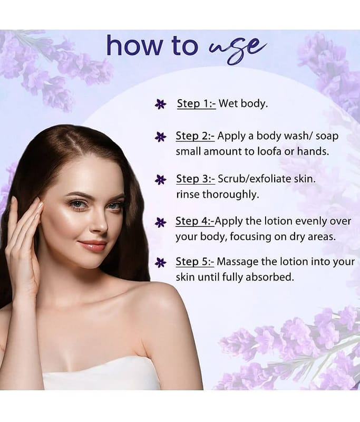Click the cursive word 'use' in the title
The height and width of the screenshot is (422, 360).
coord(237,49)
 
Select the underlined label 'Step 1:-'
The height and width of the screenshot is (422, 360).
coord(196,103)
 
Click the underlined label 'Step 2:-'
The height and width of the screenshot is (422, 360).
coord(195,136)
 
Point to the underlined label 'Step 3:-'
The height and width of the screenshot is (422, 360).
coord(196,179)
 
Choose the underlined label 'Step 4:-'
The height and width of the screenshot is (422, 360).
coord(195,221)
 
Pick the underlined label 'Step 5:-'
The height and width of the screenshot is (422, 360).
coord(195,262)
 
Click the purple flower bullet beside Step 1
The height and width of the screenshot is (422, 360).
coord(161,104)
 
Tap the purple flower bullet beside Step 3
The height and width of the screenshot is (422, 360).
coord(161,179)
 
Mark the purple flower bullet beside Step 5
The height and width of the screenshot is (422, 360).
coord(161,262)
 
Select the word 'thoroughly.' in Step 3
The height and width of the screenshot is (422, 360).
coord(230,194)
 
